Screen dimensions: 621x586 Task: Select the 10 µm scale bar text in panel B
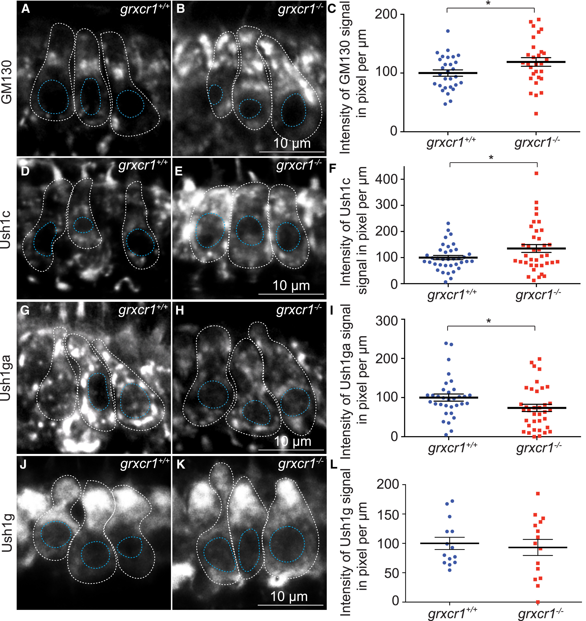(292, 143)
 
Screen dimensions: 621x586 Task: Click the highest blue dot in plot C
(448, 31)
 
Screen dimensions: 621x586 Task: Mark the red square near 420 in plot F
(536, 173)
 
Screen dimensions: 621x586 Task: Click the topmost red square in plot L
(538, 494)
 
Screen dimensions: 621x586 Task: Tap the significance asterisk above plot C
(488, 3)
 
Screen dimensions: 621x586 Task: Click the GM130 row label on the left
(7, 82)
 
